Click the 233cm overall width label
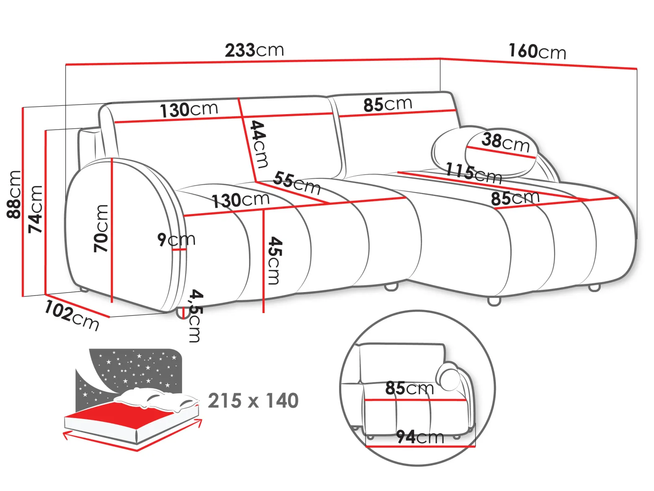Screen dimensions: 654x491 point(254,50)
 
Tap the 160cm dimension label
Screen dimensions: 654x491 point(537,51)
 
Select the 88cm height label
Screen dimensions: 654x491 point(14,194)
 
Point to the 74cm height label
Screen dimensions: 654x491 point(35,209)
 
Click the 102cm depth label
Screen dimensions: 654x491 point(72,316)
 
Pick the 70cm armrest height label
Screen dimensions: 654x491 point(101,229)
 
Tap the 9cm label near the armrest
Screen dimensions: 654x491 point(176,239)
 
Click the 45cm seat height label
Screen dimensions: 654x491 point(274,260)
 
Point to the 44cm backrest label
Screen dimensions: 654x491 point(258,144)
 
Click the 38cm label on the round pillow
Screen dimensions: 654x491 point(506,143)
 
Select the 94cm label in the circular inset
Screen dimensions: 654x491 point(420,437)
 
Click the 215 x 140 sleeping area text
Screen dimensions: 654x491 point(253,400)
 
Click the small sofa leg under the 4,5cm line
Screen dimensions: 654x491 point(181,313)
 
